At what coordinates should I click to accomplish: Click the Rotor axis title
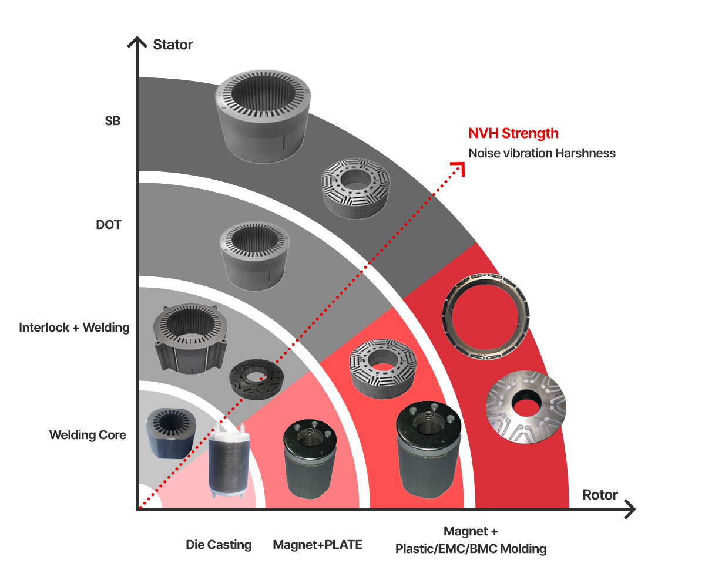[x=599, y=495]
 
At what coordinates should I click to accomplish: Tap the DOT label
[x=109, y=225]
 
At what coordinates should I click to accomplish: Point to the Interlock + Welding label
[x=74, y=328]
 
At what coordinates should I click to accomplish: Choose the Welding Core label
[x=88, y=435]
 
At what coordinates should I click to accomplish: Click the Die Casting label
[x=219, y=545]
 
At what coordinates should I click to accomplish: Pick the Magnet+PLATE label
[x=317, y=545]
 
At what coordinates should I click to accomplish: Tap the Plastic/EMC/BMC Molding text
[x=471, y=549]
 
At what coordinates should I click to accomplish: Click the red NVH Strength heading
[x=513, y=134]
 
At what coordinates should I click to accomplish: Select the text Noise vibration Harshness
[x=542, y=153]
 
